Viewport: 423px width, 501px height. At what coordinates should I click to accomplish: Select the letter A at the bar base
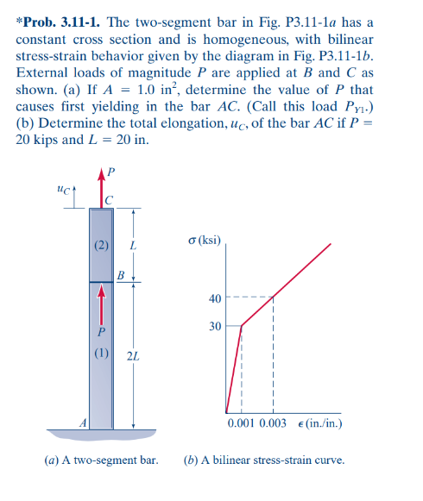(x=84, y=423)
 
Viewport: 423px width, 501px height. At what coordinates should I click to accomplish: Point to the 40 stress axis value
(x=214, y=298)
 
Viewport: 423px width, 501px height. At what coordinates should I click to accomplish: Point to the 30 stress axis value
(x=214, y=327)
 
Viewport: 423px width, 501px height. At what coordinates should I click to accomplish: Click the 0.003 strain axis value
(x=272, y=424)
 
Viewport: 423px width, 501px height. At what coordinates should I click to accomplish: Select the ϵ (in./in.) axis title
(x=319, y=424)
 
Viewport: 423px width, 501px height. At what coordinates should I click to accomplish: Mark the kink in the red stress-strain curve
(x=242, y=326)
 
